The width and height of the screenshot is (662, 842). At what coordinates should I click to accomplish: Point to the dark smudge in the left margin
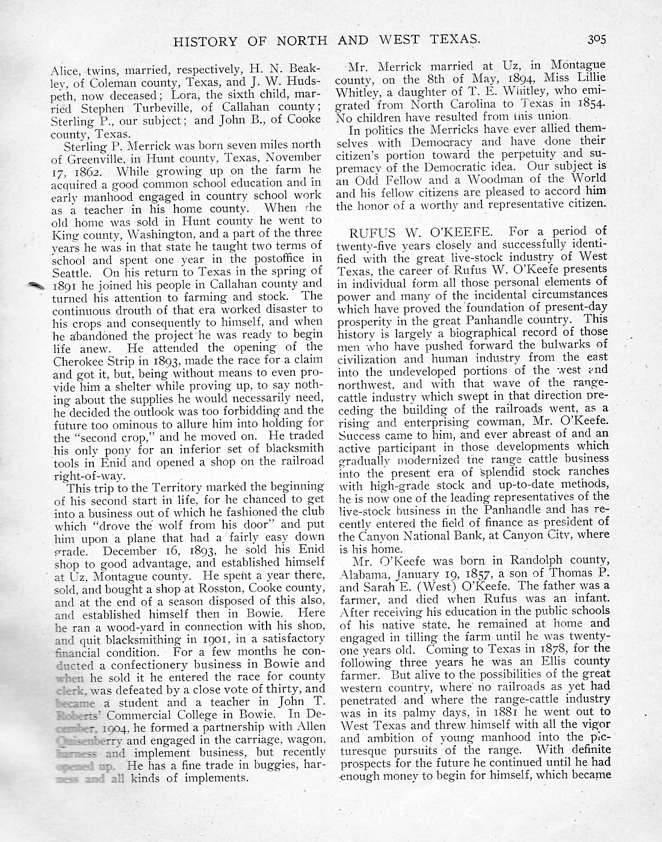tap(38, 287)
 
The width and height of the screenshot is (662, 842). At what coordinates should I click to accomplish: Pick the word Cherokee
tap(79, 360)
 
